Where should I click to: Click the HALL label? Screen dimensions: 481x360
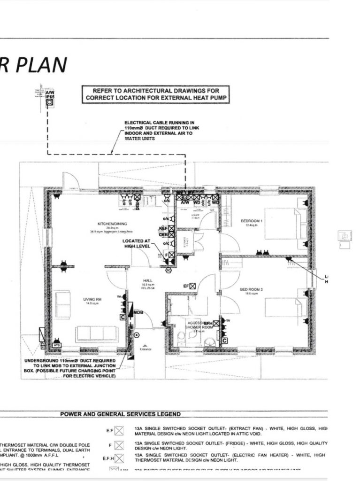(x=148, y=280)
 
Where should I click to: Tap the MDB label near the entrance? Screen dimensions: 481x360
(x=138, y=312)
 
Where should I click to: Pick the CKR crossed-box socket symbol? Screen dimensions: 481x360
(x=171, y=234)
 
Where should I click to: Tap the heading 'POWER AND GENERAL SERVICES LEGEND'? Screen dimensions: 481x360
(x=120, y=414)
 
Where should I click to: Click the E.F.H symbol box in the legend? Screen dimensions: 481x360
(x=119, y=458)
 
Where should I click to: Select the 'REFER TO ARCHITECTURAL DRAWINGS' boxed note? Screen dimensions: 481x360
(x=156, y=94)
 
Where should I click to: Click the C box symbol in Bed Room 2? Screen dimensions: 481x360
(x=225, y=340)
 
